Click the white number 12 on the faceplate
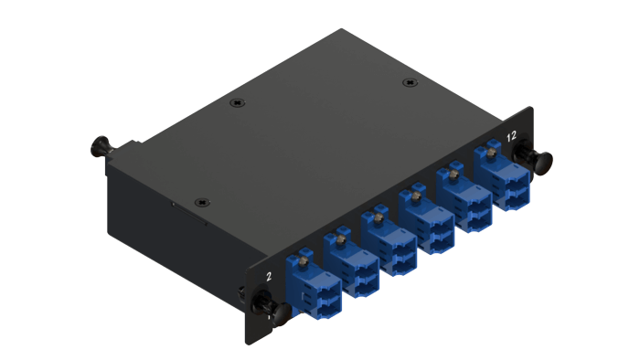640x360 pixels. pyautogui.click(x=511, y=136)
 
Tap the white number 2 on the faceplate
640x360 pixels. pyautogui.click(x=269, y=277)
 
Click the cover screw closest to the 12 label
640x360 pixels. pyautogui.click(x=410, y=83)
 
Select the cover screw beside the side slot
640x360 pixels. pyautogui.click(x=202, y=202)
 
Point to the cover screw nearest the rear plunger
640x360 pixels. pyautogui.click(x=237, y=102)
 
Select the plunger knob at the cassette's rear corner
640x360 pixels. pyautogui.click(x=101, y=146)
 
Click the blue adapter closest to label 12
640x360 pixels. pyautogui.click(x=501, y=175)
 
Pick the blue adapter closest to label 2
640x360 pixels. pyautogui.click(x=314, y=282)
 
